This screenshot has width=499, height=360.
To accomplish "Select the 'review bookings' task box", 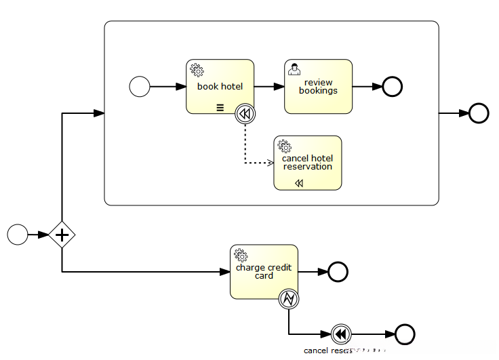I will pos(318,87).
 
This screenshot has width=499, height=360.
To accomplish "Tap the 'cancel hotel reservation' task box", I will pos(307,163).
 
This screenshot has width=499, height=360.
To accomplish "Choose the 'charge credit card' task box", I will pos(264,271).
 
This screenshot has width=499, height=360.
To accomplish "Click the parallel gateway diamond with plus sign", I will pos(62,235).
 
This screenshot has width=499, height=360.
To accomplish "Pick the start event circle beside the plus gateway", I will pos(18,235).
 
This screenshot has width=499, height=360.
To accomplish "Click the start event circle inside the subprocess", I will pos(140,87).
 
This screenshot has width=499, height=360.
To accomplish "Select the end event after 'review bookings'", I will pos(393,87).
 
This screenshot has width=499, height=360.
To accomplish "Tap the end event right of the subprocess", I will pos(479,113).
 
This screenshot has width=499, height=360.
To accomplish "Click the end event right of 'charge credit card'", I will pos(338,272).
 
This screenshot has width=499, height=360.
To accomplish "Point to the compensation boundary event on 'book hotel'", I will pos(245,114).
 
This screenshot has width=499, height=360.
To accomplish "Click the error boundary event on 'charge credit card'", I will pos(289,299).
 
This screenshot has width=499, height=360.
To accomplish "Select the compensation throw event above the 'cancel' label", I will pos(342,334).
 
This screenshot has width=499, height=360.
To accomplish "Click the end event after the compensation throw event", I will pos(405,334).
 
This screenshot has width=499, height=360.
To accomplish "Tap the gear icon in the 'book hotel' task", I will pos(197,69).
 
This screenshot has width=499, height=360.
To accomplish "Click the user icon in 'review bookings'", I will pos(294,68).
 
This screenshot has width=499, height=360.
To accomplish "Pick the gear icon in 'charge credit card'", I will pos(241,255).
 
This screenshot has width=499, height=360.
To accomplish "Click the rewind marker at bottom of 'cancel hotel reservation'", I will pos(299,183).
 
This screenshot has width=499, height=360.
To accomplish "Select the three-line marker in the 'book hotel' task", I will pos(220,107).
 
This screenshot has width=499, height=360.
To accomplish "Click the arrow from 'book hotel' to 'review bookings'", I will pos(269,87).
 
